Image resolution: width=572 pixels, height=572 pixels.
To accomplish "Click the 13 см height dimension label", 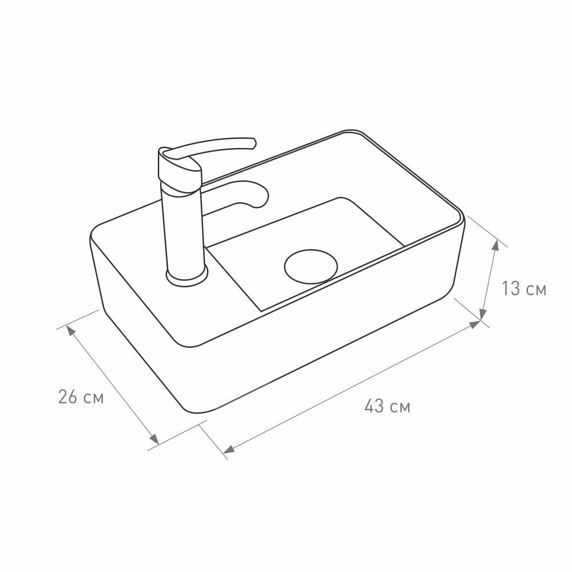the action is [524, 288].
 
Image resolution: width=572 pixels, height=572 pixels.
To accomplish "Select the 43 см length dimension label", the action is [387, 406].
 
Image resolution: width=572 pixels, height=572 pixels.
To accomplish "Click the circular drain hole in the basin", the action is [311, 267].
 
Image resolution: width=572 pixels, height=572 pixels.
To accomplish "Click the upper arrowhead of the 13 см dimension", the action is [495, 245].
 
